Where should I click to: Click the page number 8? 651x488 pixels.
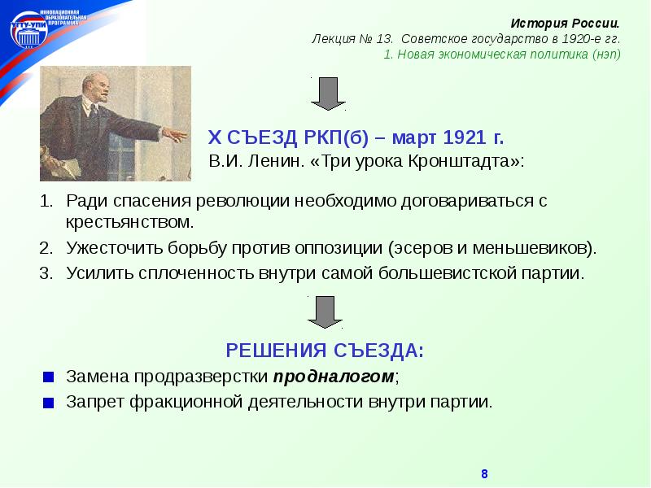pyautogui.click(x=484, y=474)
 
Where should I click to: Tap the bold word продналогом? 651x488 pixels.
pyautogui.click(x=334, y=377)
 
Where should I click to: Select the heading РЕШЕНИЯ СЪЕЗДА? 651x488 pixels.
pyautogui.click(x=325, y=351)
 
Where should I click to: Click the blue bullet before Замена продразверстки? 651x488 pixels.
pyautogui.click(x=49, y=378)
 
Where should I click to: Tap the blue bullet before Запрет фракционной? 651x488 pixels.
pyautogui.click(x=49, y=403)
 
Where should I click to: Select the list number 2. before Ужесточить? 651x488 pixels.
pyautogui.click(x=47, y=247)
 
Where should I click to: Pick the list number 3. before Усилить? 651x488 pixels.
pyautogui.click(x=47, y=272)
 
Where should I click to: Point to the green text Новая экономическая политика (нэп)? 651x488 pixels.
pyautogui.click(x=509, y=54)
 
